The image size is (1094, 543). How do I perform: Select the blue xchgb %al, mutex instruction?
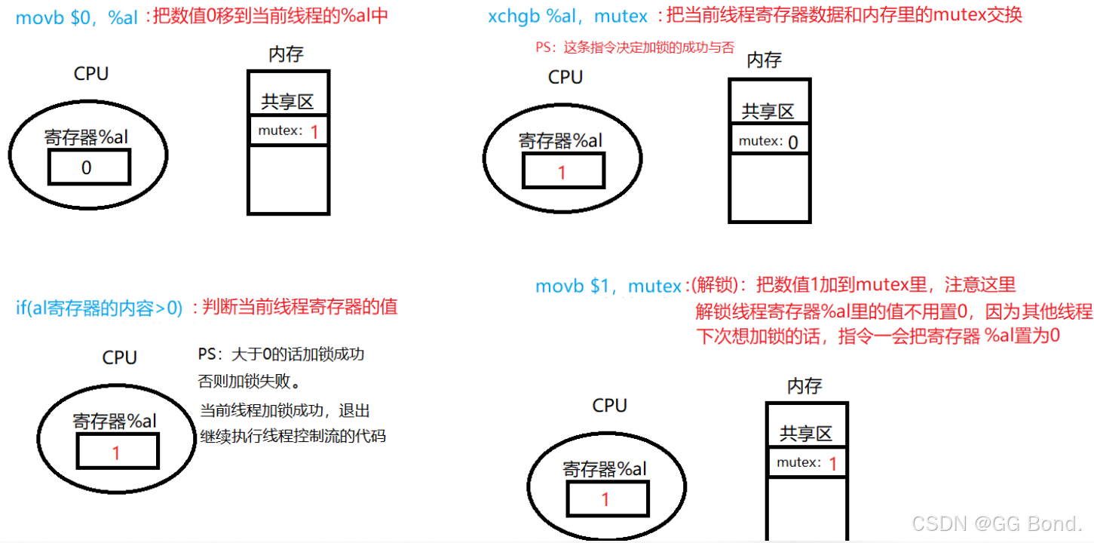[x=567, y=16]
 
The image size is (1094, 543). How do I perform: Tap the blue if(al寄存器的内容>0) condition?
[x=99, y=308]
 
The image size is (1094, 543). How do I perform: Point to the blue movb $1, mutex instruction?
[x=608, y=286]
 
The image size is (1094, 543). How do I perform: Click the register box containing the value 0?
[x=89, y=167]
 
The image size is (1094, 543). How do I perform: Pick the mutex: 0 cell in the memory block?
[x=769, y=141]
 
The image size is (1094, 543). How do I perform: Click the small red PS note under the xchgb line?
[x=635, y=48]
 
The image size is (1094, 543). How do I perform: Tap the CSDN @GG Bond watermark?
[x=997, y=522]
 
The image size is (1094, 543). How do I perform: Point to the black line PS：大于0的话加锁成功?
[x=281, y=354]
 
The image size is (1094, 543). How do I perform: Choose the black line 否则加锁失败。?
[x=250, y=382]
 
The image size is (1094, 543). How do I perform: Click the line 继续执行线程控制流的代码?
[x=293, y=436]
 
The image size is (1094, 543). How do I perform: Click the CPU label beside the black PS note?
[x=119, y=357]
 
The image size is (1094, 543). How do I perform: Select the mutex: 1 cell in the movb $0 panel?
[x=289, y=131]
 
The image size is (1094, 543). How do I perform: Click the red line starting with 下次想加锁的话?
[x=877, y=336]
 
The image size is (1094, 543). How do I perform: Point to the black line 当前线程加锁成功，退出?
[x=285, y=410]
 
